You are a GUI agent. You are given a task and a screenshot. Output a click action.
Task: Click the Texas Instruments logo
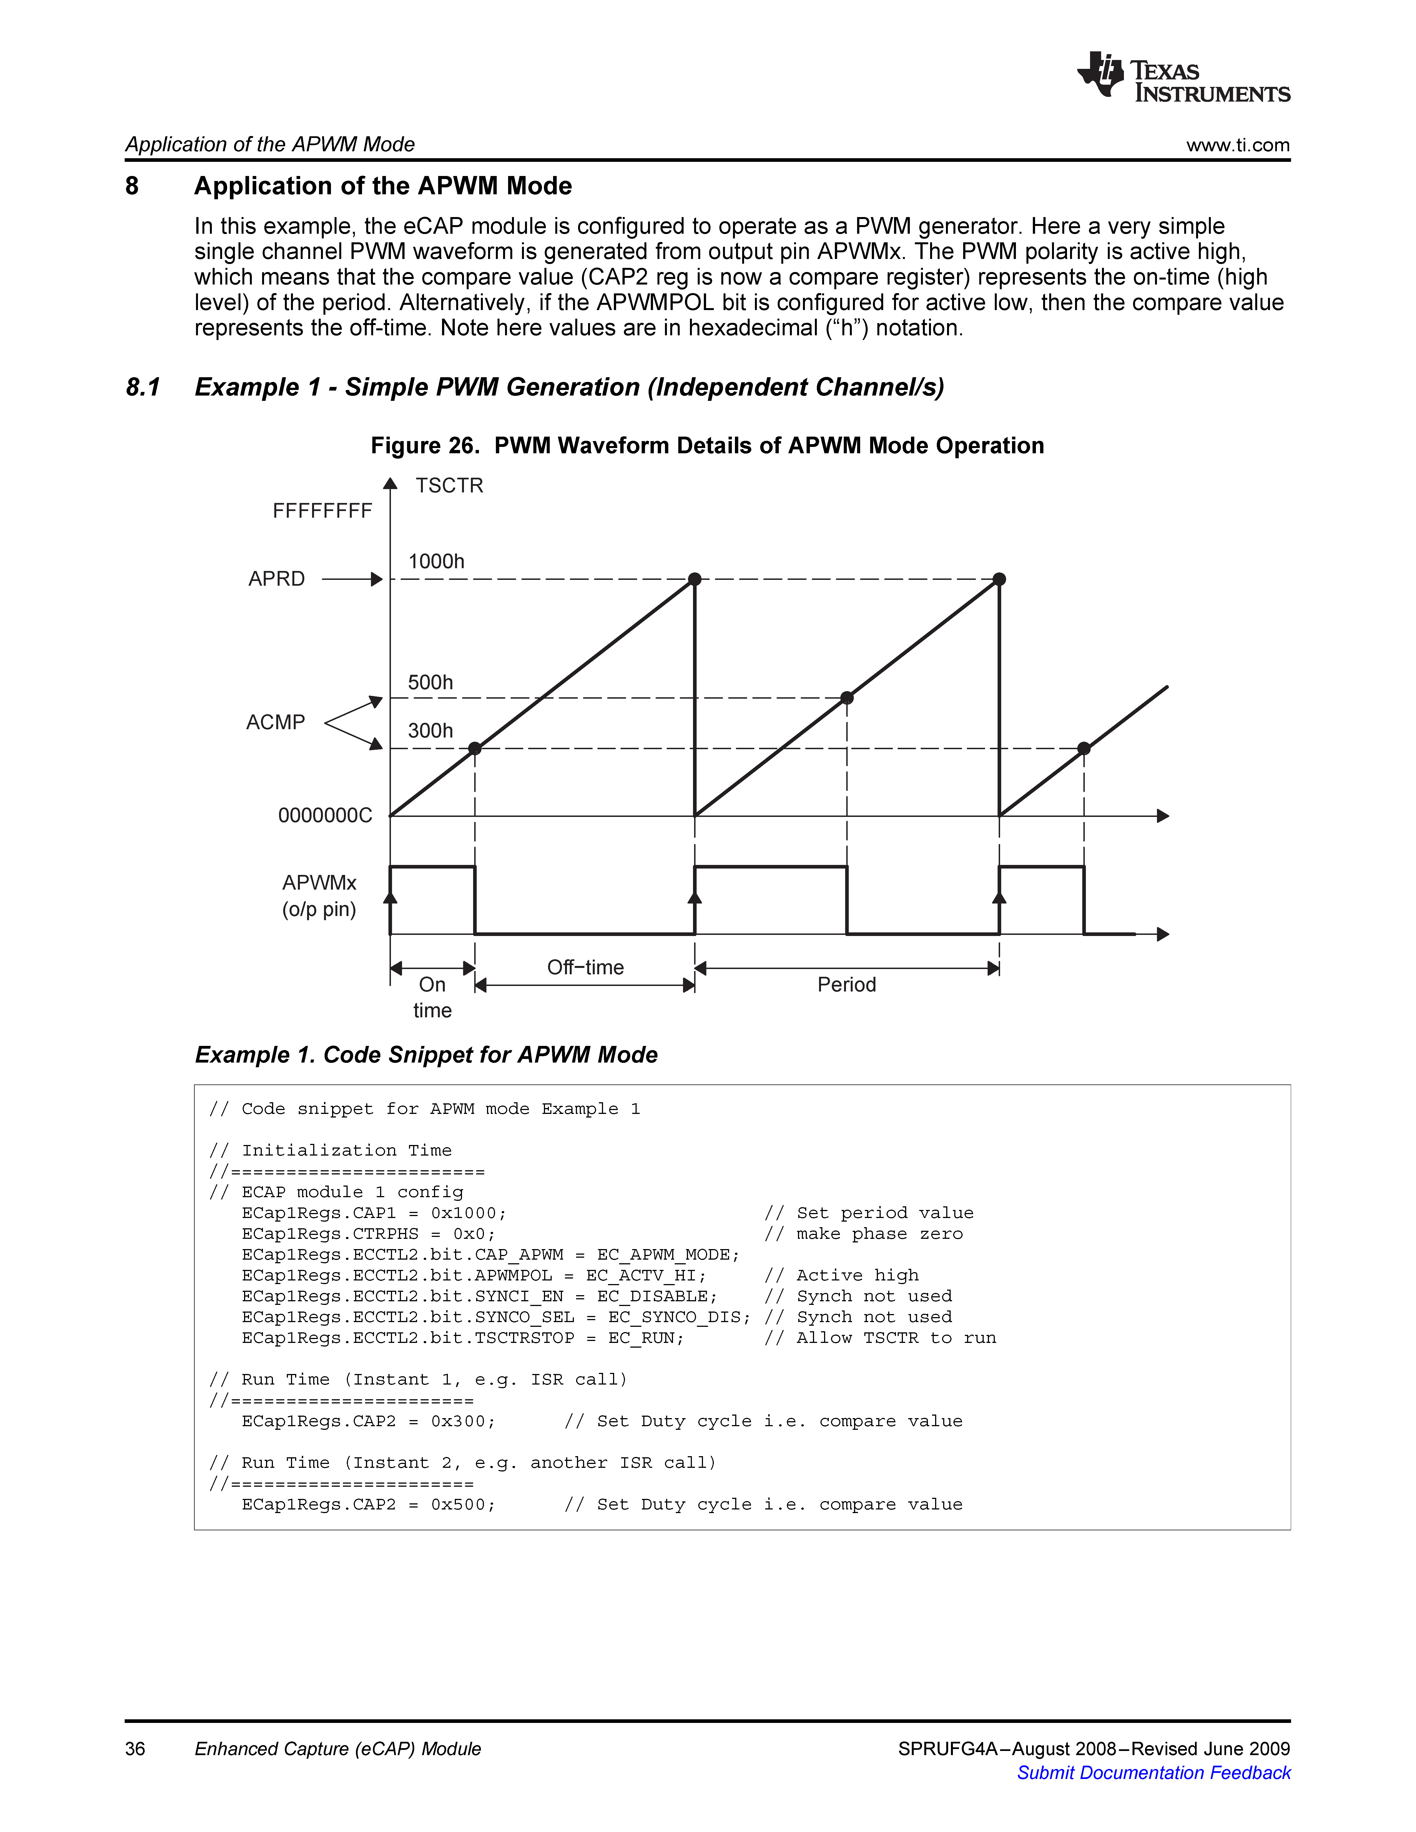coord(1183,77)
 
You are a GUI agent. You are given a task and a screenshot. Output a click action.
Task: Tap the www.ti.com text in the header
coord(1237,145)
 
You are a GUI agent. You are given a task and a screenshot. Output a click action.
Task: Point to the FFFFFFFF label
coord(322,511)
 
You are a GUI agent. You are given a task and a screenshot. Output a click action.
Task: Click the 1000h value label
coord(436,561)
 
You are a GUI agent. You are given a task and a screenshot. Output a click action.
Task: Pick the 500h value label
coord(430,682)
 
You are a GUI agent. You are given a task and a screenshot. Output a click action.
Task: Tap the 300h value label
coord(430,731)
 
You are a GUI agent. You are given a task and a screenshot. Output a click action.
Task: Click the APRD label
coord(277,579)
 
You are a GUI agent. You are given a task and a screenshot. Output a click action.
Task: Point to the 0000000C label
coord(325,815)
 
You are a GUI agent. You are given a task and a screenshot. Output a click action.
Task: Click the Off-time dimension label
coord(586,967)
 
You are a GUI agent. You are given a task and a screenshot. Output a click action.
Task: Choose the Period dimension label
coord(847,985)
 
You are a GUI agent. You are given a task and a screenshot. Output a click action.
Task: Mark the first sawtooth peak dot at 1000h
coord(695,579)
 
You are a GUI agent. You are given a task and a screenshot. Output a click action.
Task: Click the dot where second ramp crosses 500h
coord(847,698)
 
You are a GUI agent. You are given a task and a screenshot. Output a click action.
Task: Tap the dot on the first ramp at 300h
coord(475,748)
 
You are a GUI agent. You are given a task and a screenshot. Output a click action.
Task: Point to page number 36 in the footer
coord(135,1749)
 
